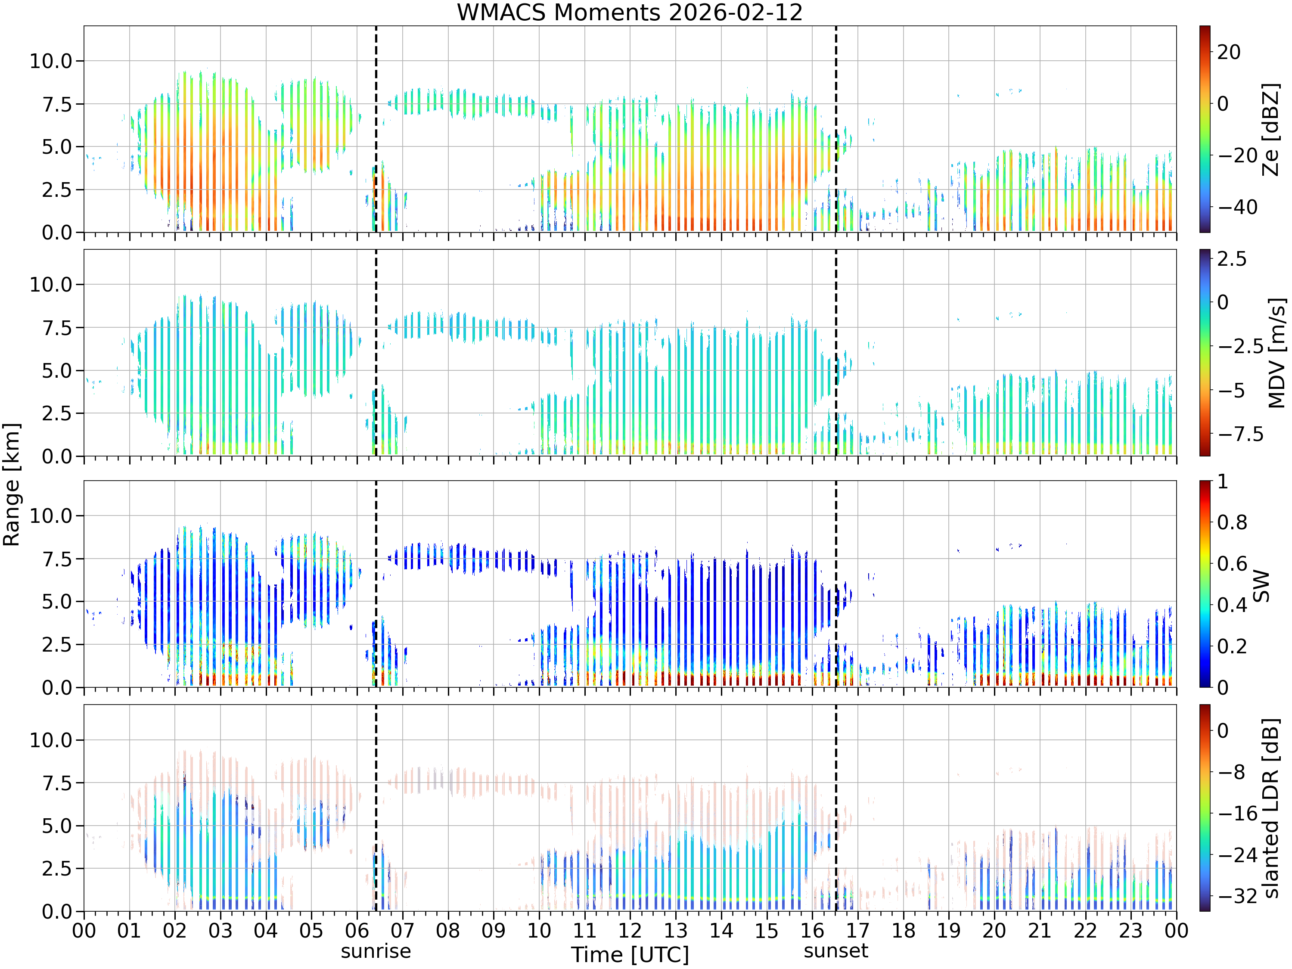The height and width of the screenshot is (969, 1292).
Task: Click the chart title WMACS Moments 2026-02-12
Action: click(630, 12)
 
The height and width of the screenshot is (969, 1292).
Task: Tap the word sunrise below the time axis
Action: click(376, 951)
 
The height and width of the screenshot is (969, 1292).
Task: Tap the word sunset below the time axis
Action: click(836, 951)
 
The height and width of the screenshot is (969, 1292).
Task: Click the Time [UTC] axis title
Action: click(630, 955)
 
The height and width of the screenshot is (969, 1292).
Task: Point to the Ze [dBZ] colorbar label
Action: click(1271, 129)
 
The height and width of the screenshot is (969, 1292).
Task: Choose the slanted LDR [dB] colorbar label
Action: click(1271, 808)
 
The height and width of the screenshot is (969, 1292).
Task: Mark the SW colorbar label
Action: click(1261, 585)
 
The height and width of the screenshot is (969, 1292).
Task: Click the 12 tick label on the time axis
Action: click(630, 930)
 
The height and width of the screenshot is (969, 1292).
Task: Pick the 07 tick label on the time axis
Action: click(402, 930)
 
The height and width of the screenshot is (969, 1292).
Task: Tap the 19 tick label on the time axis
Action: click(949, 930)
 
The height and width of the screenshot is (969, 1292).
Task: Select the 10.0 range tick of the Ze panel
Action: click(51, 61)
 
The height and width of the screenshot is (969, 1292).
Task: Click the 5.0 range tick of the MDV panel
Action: click(57, 370)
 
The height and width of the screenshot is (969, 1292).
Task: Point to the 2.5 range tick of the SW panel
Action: click(57, 645)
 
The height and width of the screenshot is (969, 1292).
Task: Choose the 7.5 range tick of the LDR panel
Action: click(57, 783)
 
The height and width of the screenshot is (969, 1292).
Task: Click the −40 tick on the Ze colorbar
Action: click(1238, 207)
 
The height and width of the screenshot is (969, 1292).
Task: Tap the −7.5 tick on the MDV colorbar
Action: click(1241, 434)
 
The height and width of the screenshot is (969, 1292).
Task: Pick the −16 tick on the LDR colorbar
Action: click(1238, 813)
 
